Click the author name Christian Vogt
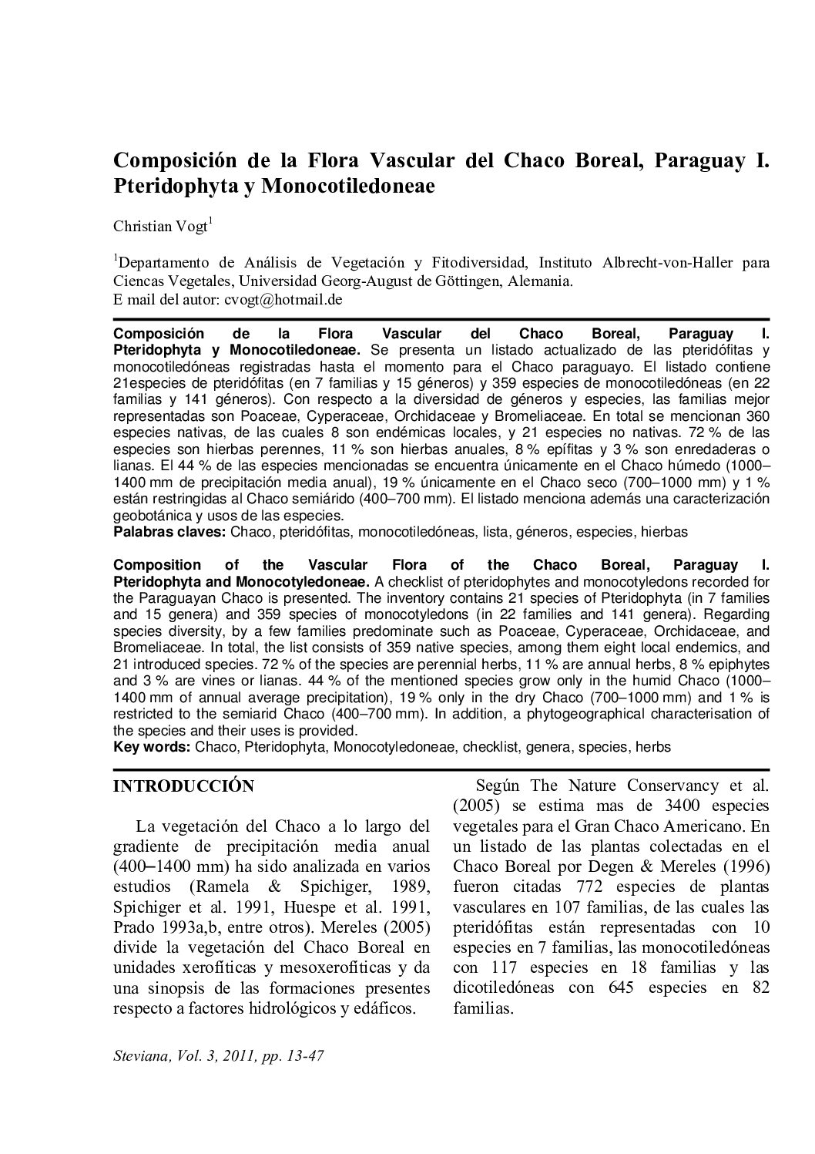click(160, 227)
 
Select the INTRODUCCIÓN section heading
click(183, 786)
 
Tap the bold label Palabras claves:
click(169, 532)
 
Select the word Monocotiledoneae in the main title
click(352, 186)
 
